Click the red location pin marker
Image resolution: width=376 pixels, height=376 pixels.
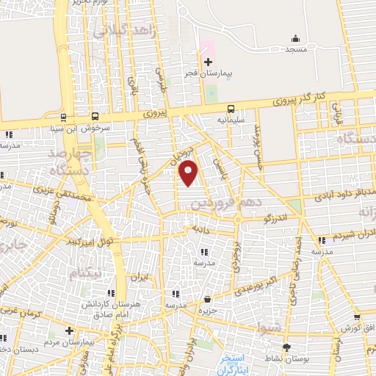tap(189, 173)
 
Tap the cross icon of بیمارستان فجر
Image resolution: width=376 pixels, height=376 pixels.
tap(208, 62)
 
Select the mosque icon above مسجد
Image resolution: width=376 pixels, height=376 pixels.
tap(295, 38)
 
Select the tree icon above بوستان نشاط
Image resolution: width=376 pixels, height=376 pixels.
tap(286, 347)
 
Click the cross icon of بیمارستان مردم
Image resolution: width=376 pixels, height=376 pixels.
tap(70, 331)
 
